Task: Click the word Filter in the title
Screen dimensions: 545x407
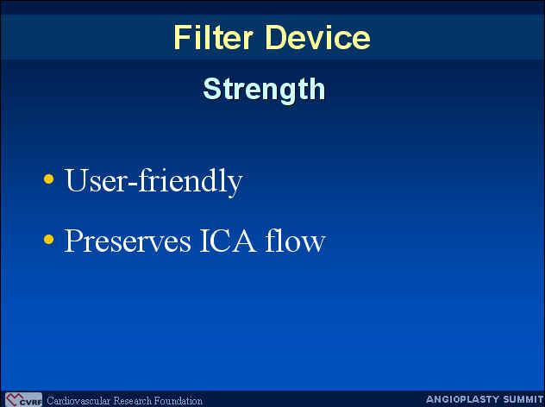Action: [213, 37]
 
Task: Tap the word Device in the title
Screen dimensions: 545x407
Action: [317, 37]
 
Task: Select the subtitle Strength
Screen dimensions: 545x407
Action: [264, 90]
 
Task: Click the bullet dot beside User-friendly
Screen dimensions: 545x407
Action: [49, 178]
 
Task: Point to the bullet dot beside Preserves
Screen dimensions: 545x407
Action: [49, 239]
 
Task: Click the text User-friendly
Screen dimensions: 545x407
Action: [153, 181]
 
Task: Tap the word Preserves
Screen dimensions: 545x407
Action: [128, 241]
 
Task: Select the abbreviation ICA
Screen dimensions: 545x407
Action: [228, 241]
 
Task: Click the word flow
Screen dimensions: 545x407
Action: [295, 240]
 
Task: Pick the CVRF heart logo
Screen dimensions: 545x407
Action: [23, 400]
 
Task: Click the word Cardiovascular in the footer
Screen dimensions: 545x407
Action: [78, 401]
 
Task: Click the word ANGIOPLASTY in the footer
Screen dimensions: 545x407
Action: [458, 399]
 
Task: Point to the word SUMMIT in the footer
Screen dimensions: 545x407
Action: [518, 399]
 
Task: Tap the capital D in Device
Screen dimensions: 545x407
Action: [275, 37]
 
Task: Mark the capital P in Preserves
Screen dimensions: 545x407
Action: [73, 241]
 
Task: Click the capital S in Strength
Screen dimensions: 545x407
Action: [211, 90]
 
